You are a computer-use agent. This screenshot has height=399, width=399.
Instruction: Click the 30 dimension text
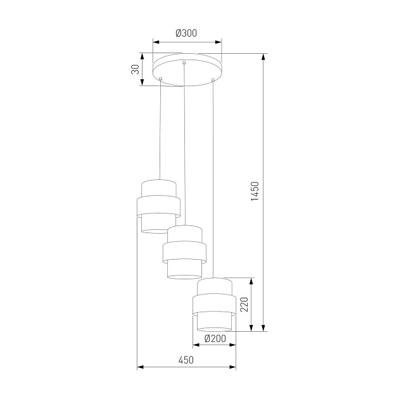click(x=135, y=70)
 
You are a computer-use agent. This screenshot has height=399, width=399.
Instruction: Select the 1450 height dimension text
click(x=255, y=192)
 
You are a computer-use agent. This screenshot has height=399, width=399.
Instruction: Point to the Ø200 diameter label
click(x=215, y=338)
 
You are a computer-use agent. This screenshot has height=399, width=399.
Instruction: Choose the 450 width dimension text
click(x=185, y=360)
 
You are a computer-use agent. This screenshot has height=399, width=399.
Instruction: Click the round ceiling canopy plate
click(x=187, y=67)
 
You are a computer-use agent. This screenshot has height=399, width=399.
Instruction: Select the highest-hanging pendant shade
click(x=159, y=206)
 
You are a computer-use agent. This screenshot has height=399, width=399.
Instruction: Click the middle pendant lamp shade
click(x=184, y=251)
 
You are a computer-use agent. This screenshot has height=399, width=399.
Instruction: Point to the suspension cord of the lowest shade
click(x=213, y=177)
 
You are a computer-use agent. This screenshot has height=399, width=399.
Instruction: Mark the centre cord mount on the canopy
click(x=184, y=63)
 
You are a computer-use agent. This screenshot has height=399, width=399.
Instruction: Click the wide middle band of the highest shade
click(x=159, y=206)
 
